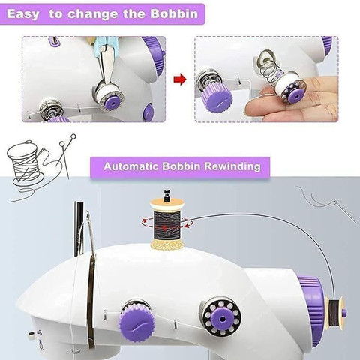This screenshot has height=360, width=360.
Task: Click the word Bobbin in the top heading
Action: pyautogui.click(x=174, y=13)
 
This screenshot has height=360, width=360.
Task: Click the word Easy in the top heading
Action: pyautogui.click(x=23, y=14)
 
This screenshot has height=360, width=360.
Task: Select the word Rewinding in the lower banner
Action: pyautogui.click(x=232, y=166)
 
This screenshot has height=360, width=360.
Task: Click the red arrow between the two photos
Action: pyautogui.click(x=180, y=79)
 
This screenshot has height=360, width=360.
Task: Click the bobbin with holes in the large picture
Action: pyautogui.click(x=220, y=316)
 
